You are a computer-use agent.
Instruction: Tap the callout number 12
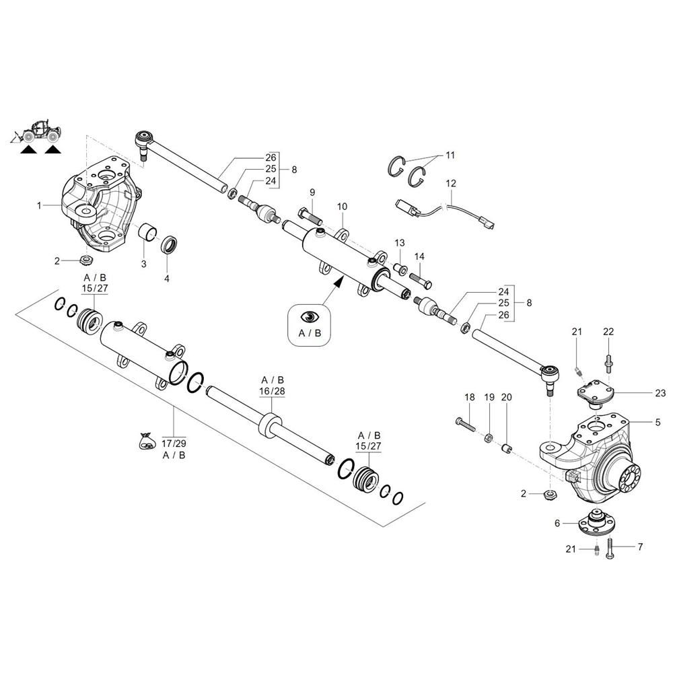450,182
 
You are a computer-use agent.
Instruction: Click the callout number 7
639,546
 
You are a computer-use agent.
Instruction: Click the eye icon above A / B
310,317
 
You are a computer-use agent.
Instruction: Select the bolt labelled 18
465,425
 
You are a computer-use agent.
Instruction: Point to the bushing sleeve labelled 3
147,234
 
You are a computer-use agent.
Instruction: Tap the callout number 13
400,242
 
